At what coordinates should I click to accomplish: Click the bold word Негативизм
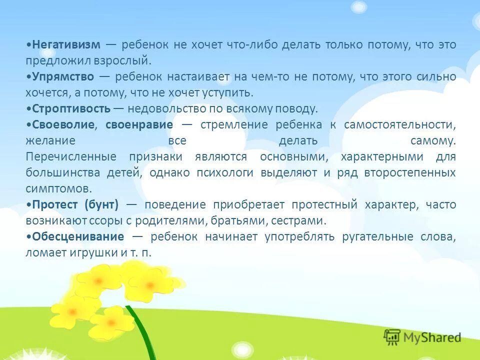point(65,44)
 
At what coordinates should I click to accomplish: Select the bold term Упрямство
point(63,76)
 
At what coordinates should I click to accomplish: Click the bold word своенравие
point(139,124)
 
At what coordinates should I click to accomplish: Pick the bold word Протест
point(54,204)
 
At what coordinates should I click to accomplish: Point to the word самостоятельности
point(399,124)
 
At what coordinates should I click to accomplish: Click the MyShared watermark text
point(433,337)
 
